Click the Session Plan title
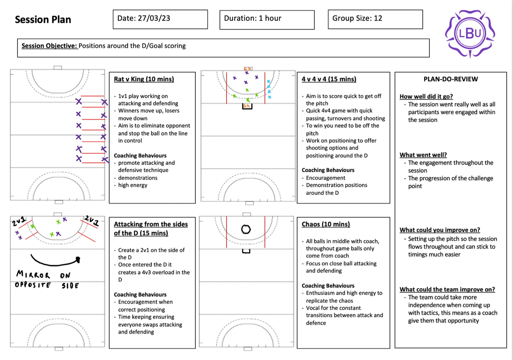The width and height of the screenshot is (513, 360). click(43, 19)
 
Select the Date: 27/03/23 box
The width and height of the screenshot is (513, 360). click(160, 19)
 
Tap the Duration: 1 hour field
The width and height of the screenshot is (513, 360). click(267, 19)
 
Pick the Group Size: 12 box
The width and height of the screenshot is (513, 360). click(375, 19)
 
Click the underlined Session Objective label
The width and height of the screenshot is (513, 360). click(49, 46)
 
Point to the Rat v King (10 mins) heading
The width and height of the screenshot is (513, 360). click(144, 79)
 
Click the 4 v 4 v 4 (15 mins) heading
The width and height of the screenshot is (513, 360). click(329, 79)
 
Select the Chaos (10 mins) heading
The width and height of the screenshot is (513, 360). click(326, 224)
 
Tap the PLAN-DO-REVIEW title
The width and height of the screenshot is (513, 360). click(450, 79)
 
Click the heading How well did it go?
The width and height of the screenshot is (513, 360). click(426, 96)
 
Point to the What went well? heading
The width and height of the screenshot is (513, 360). click(423, 155)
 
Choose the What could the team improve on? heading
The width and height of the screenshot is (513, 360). click(447, 290)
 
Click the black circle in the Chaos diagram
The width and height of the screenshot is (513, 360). click(246, 229)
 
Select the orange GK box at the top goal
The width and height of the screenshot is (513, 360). click(248, 69)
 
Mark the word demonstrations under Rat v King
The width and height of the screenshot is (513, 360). click(138, 178)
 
